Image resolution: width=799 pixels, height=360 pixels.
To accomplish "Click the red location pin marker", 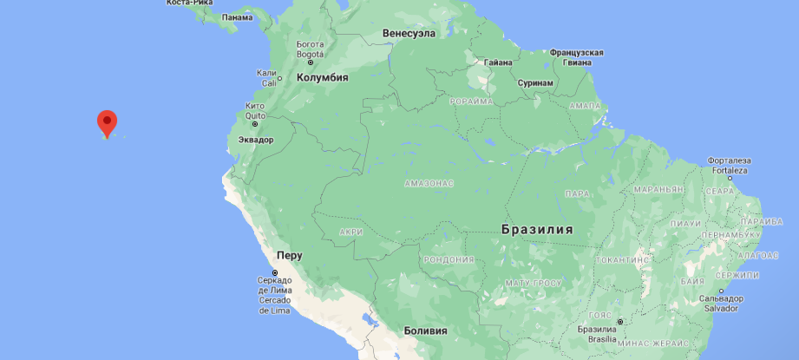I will coord(107,123).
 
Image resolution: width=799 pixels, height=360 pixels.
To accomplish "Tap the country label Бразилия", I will coord(537,230).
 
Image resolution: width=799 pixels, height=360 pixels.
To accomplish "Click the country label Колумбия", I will coord(322,78).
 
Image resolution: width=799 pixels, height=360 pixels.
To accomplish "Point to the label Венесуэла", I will coord(408,34).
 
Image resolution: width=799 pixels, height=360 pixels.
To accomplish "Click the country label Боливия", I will coord(425,331).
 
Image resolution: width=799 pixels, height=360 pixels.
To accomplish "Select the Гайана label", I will coord(498,62).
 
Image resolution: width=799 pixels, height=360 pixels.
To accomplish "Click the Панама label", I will coord(237,17).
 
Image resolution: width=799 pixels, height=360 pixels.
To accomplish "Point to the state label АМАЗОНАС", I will coord(429,184).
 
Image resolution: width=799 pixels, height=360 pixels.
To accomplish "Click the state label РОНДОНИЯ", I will coord(448,259).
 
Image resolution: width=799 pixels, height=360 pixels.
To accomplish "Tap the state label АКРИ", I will coord(351,232).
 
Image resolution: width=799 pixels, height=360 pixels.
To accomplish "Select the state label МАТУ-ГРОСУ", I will coord(534,284).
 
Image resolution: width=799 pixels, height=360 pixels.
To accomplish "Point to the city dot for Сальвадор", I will coord(719,291).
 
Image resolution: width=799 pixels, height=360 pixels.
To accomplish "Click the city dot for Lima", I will coord(275,274).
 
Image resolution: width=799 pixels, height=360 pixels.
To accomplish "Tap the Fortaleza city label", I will coord(730,170).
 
